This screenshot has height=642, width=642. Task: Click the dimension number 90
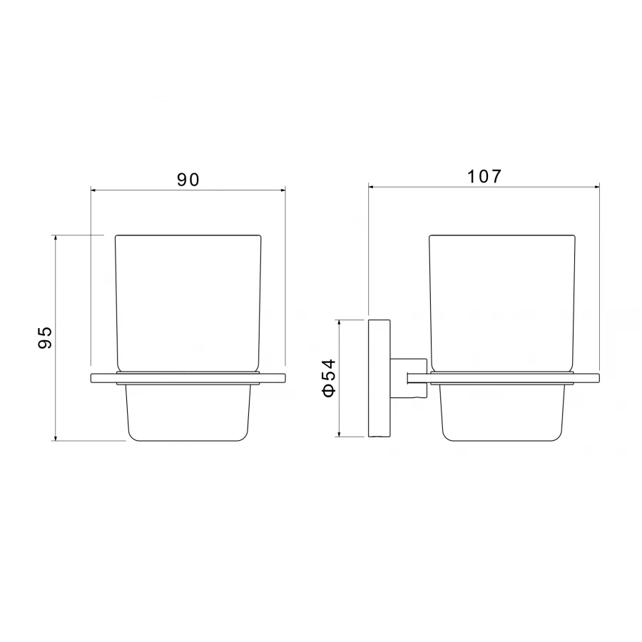pos(188,179)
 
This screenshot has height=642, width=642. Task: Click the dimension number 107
pos(484,176)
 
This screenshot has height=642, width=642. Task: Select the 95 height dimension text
pos(45,337)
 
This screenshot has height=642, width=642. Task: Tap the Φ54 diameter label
pos(329,377)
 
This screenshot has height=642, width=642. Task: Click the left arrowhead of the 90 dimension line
pos(93,190)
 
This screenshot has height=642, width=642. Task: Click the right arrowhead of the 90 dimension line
pos(282,190)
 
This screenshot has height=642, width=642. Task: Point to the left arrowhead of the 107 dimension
pos(372,187)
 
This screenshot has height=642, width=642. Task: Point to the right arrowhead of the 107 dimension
pos(596,187)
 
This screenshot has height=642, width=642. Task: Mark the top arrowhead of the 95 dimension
pos(55,238)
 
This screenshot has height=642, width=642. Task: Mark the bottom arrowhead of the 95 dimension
pos(55,438)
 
